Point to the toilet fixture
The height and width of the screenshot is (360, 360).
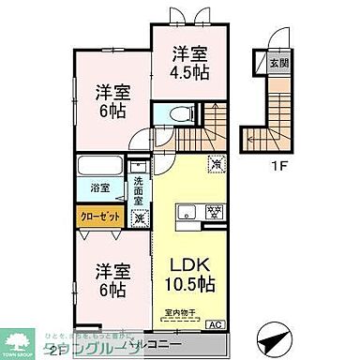pyautogui.click(x=182, y=115)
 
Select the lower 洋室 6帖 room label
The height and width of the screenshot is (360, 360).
pyautogui.click(x=111, y=278)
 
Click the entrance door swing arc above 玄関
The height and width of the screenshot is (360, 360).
pyautogui.click(x=279, y=37)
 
